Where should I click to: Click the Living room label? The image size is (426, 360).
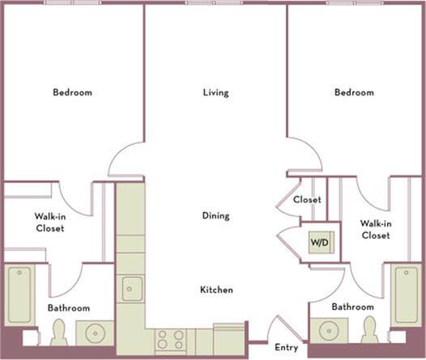pos(215,92)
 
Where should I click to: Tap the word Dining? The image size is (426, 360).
pos(215,216)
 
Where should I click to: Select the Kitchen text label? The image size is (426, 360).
pos(217,290)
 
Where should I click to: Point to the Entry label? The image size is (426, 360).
pos(287,348)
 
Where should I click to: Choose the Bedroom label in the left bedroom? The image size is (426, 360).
pos(72,92)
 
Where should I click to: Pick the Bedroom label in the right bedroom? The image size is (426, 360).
pos(354,92)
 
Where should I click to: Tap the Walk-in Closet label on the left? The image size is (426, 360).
pos(49,222)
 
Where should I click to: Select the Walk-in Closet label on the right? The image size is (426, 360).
pos(375,229)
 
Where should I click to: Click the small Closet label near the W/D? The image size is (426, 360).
pos(307,199)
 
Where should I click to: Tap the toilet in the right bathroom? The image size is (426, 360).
pos(369,330)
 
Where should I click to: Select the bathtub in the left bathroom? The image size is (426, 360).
pos(19,295)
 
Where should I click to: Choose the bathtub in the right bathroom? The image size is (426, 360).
pos(407,294)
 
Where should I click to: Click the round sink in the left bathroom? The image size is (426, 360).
pos(96,333)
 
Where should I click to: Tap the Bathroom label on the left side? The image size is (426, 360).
pos(68,308)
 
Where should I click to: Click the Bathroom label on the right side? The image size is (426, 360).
pos(352,307)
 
